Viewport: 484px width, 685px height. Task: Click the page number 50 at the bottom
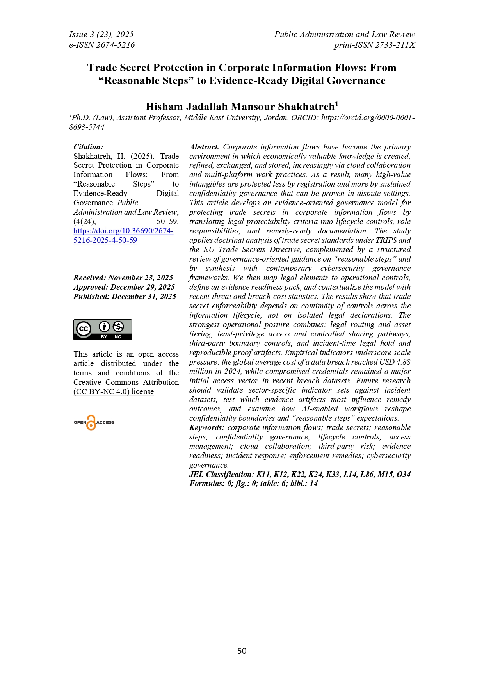242,651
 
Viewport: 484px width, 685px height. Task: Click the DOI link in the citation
123,231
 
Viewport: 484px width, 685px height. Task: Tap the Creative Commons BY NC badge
103,329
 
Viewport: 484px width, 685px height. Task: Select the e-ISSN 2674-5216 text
102,45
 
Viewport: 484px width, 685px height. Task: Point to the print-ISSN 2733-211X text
374,45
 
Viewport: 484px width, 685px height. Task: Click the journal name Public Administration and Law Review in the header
344,34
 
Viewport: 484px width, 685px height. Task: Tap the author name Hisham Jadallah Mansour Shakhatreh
240,107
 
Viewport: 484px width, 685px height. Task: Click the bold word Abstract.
204,147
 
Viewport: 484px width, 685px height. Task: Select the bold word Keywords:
206,428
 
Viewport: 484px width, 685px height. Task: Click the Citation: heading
88,147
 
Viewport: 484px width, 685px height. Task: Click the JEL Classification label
221,474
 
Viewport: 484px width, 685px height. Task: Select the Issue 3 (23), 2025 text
101,34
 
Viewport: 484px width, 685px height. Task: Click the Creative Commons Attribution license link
126,382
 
